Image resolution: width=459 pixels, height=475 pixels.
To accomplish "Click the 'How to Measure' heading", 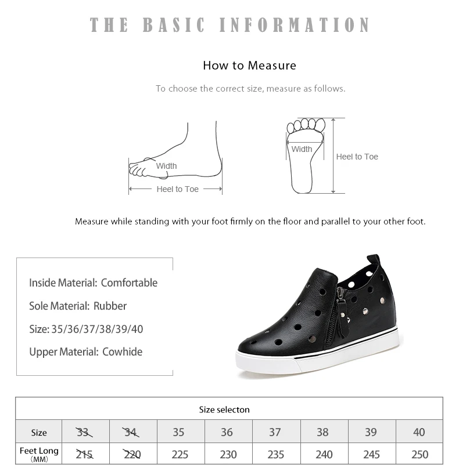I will click(249, 66).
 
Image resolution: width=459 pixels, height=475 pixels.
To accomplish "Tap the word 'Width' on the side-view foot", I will click(166, 166).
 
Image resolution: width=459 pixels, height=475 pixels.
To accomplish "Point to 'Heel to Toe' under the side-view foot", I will click(177, 189).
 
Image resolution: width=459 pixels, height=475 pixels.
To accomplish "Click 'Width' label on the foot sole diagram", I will click(302, 149).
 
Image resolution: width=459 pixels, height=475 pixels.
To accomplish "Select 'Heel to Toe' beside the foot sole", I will click(357, 157).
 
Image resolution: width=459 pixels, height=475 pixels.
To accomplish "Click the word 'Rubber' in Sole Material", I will click(110, 306).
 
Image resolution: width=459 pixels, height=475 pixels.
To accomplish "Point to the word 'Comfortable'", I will click(129, 283).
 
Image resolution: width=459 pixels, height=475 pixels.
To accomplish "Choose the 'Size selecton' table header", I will click(224, 409).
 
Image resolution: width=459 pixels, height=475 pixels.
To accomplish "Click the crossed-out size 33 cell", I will click(84, 432).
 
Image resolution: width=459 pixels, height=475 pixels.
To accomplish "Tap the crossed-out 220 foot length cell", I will click(132, 454).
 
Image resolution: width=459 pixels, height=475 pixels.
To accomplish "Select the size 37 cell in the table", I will click(275, 432).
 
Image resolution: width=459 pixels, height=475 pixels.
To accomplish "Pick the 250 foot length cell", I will click(419, 454).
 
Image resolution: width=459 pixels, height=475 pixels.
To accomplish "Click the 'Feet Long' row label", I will click(40, 451).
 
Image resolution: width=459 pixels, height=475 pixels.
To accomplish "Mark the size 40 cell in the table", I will click(419, 432).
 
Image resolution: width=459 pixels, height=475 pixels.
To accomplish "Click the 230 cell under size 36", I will click(228, 454).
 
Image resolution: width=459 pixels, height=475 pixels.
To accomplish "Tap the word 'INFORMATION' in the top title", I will click(295, 25).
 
